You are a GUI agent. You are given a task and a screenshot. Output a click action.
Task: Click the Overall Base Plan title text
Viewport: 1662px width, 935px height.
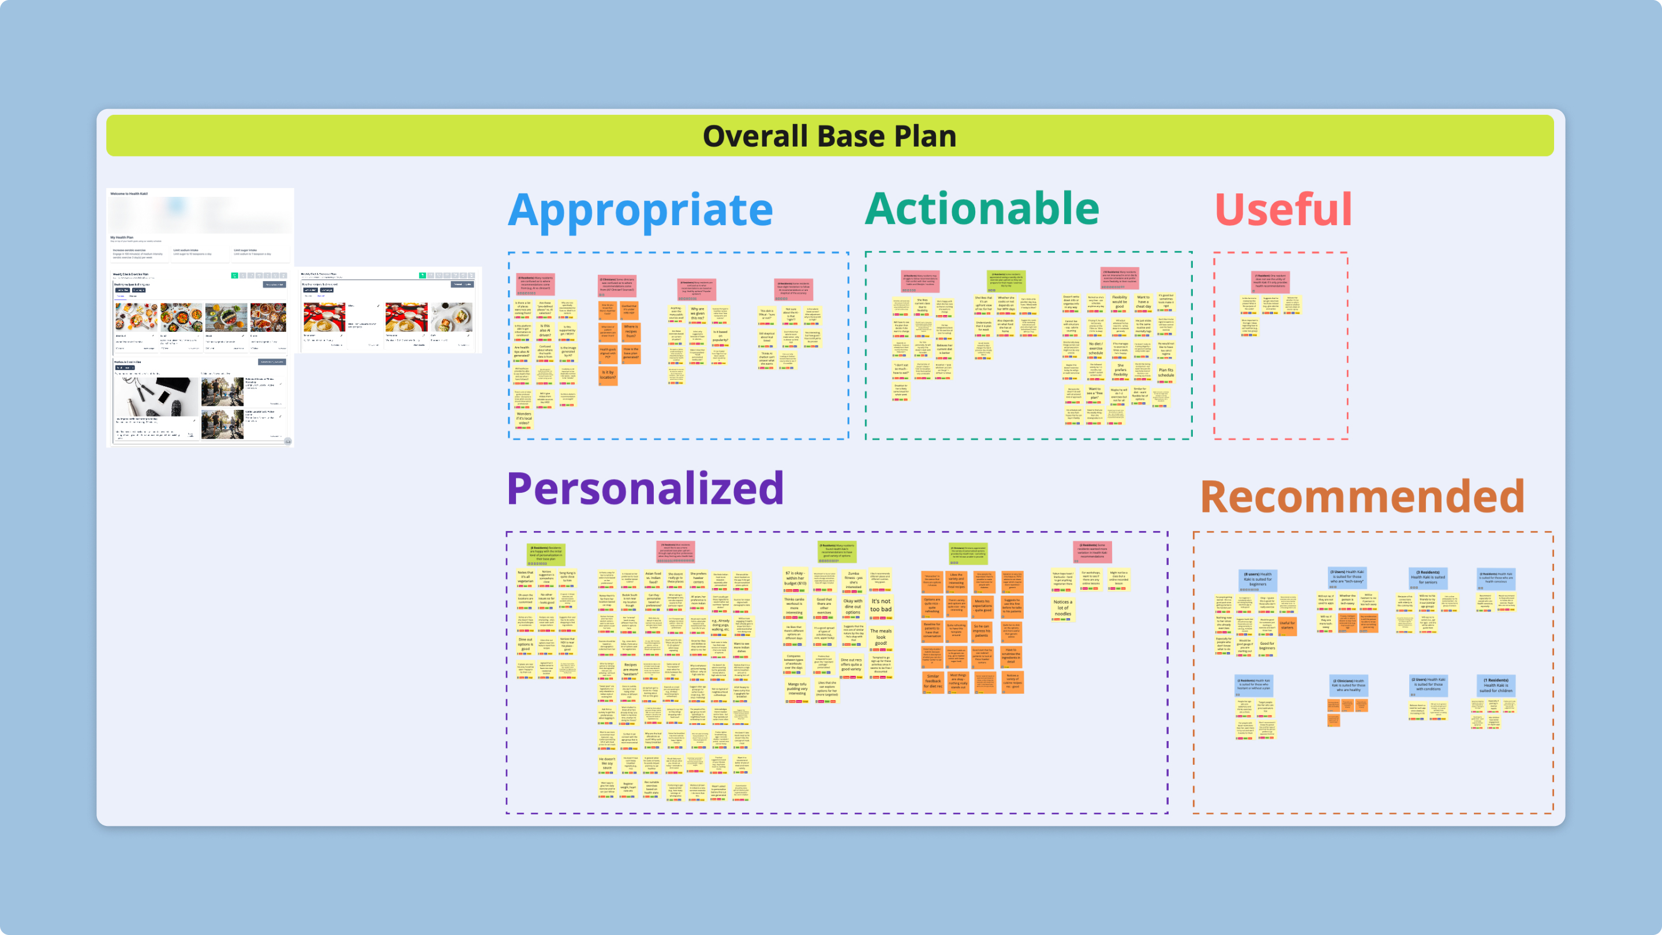(829, 136)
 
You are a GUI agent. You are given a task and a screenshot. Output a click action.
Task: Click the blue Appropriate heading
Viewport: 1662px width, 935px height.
(640, 210)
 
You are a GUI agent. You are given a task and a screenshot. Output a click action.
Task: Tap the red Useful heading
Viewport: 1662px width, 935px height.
(1283, 210)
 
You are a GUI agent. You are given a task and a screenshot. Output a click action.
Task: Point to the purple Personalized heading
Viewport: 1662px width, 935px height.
(645, 488)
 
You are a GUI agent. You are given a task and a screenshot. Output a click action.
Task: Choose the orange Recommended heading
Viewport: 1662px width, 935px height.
(1362, 496)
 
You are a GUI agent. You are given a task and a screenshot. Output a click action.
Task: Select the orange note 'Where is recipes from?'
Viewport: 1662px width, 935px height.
(630, 331)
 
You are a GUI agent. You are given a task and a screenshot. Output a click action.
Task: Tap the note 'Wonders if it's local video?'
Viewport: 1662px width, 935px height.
(524, 419)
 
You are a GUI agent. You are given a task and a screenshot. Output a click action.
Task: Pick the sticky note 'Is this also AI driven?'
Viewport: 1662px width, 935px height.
(545, 330)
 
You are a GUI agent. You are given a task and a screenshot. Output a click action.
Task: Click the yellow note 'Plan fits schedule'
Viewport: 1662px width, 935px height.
(1166, 372)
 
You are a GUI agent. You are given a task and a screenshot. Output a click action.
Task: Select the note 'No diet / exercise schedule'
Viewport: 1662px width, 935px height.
(1095, 349)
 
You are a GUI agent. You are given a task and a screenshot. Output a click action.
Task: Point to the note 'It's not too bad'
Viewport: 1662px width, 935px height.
(881, 605)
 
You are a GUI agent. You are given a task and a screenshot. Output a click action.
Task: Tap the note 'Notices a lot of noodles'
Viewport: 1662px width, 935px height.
(1062, 607)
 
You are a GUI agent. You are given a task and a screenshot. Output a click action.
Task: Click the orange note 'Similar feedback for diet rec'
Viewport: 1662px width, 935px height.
(933, 681)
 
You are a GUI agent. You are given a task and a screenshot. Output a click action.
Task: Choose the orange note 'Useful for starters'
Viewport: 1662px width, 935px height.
(1287, 625)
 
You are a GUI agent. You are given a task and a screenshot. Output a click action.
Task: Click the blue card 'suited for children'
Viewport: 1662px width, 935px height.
(1496, 685)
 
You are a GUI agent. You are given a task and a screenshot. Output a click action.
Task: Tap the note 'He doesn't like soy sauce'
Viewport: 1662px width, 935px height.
(607, 764)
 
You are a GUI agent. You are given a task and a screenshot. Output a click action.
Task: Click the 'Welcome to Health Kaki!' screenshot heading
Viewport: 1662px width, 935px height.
(129, 193)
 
